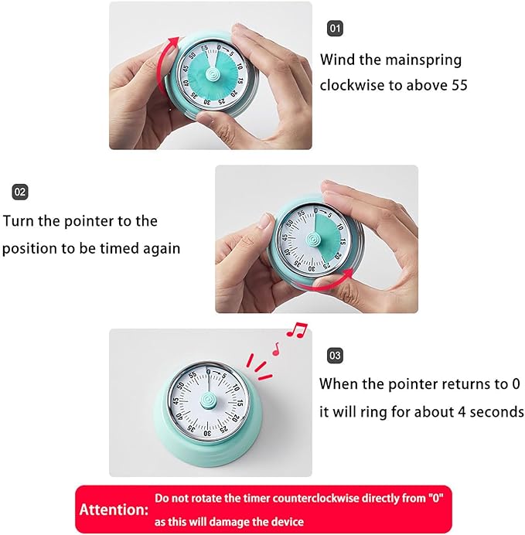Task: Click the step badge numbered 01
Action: [x=335, y=29]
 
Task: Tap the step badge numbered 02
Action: [x=20, y=191]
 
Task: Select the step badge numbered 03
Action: [x=335, y=356]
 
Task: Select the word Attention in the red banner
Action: [x=113, y=510]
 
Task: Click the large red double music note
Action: [x=295, y=331]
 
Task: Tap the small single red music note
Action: [x=274, y=349]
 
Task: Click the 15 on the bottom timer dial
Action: [x=240, y=401]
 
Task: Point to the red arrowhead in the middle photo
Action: [x=352, y=272]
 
